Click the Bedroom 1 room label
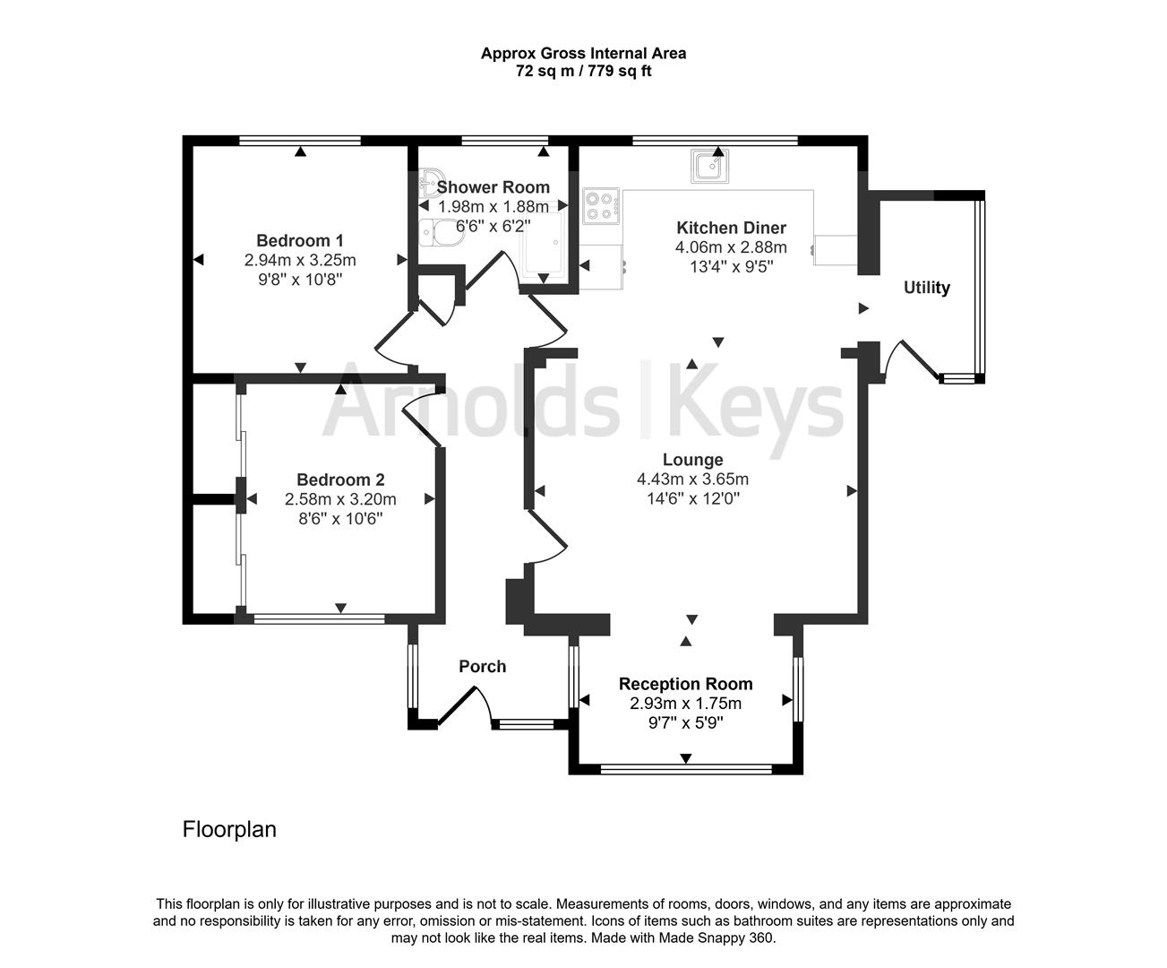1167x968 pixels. [299, 240]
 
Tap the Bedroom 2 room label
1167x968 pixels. [340, 480]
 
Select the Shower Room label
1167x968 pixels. [493, 187]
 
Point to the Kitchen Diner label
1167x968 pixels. [731, 228]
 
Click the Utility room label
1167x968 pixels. [926, 288]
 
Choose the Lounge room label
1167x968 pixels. [692, 460]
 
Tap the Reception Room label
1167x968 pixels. [685, 684]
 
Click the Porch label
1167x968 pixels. [482, 666]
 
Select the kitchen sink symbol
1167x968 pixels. [710, 165]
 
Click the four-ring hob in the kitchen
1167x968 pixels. [600, 205]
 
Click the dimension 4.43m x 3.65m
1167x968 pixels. [692, 480]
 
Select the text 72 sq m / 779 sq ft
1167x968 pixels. [583, 71]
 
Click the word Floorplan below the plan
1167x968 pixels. [229, 829]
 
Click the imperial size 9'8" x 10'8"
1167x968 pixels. [299, 280]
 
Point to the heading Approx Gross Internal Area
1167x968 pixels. [583, 53]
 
